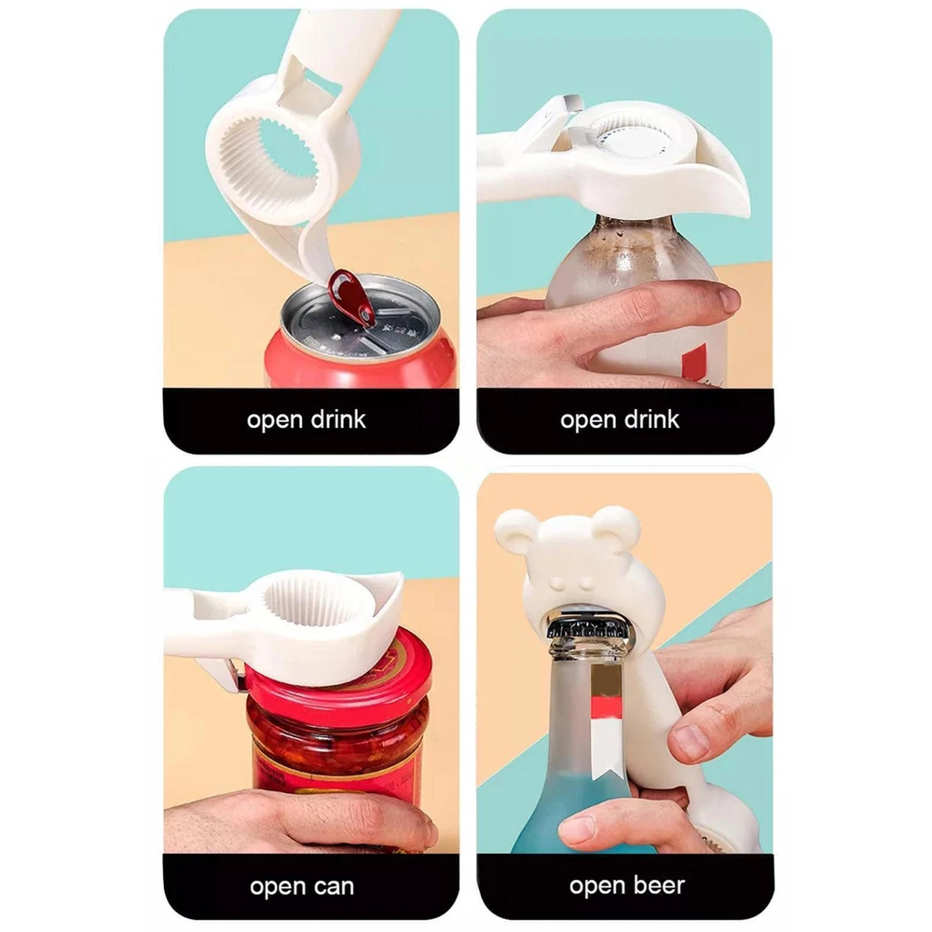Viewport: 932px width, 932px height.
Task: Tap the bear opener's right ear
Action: [x=619, y=526]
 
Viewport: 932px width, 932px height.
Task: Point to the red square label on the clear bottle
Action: [x=694, y=363]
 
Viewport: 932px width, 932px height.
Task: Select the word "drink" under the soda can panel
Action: [x=338, y=419]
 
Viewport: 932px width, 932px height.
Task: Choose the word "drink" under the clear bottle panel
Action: [x=651, y=419]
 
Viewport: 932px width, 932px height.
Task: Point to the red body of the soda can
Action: [x=357, y=363]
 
